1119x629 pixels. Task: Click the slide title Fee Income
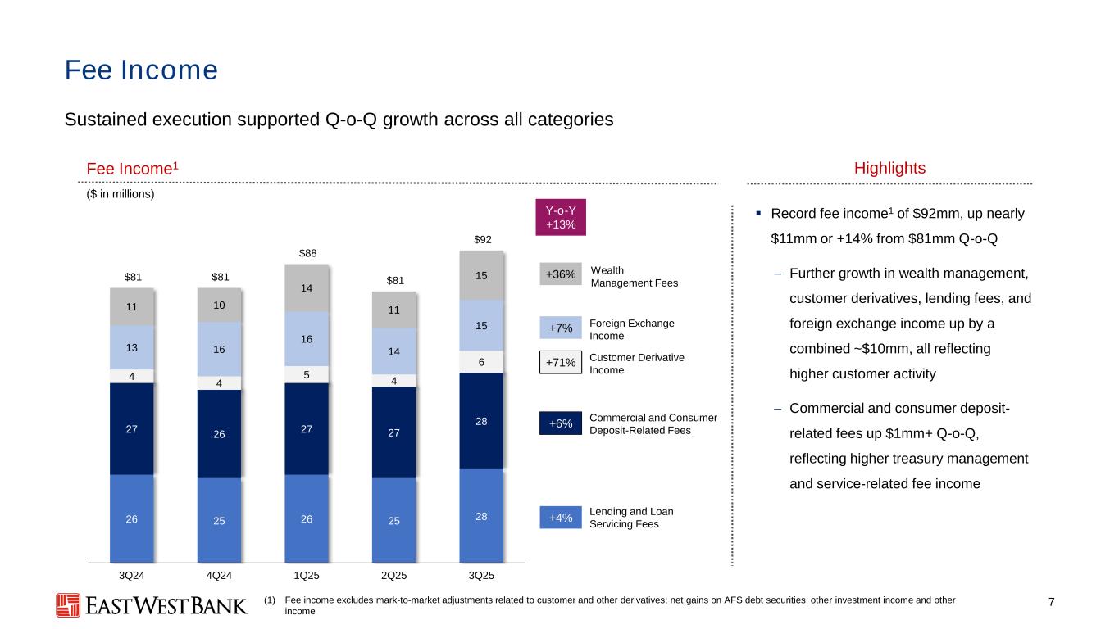click(x=141, y=70)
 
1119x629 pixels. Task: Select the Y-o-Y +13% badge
click(x=561, y=217)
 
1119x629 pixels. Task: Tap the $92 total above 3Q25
click(x=482, y=239)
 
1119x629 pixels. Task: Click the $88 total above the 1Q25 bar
click(x=307, y=253)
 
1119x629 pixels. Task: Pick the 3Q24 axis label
click(x=132, y=574)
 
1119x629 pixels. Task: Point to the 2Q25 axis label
click(x=394, y=574)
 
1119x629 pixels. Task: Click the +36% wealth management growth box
click(x=561, y=274)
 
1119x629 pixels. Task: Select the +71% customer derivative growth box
click(x=561, y=361)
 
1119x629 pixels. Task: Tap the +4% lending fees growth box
click(x=561, y=518)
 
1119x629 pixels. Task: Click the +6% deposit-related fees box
click(x=561, y=423)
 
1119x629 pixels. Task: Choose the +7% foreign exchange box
click(x=561, y=329)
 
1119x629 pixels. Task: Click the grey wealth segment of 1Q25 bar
click(x=307, y=288)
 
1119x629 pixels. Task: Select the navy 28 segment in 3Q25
click(x=482, y=421)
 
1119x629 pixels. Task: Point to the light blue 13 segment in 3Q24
click(x=132, y=348)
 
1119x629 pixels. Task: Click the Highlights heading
click(x=889, y=168)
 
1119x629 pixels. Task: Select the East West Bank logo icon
click(x=68, y=605)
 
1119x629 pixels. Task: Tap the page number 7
click(x=1052, y=604)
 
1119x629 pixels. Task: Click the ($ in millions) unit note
click(x=110, y=195)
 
